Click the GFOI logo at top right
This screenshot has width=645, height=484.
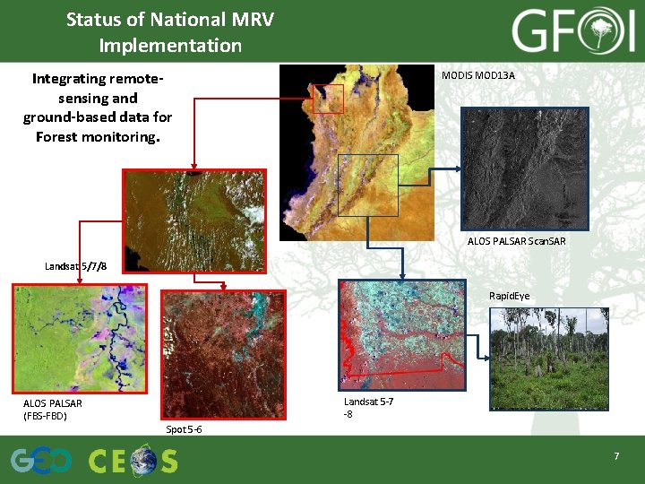tap(572, 32)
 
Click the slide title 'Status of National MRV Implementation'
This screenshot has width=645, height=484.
tap(170, 32)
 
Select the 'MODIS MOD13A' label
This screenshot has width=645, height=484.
tap(477, 75)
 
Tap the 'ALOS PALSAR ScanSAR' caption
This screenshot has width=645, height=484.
tap(516, 241)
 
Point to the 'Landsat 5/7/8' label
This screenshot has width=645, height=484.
tap(76, 266)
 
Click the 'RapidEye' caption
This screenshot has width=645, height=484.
tap(509, 296)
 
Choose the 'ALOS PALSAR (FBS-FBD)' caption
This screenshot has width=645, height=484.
tap(52, 409)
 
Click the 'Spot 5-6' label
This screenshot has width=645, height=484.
tap(184, 429)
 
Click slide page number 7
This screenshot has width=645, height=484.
tap(616, 457)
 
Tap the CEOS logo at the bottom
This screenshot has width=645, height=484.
tap(133, 461)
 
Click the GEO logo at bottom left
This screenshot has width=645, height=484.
tap(41, 461)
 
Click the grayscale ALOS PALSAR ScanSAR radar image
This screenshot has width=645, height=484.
tap(524, 169)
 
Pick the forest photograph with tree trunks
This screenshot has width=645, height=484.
tap(548, 358)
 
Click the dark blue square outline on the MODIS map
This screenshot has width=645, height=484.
tap(368, 185)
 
